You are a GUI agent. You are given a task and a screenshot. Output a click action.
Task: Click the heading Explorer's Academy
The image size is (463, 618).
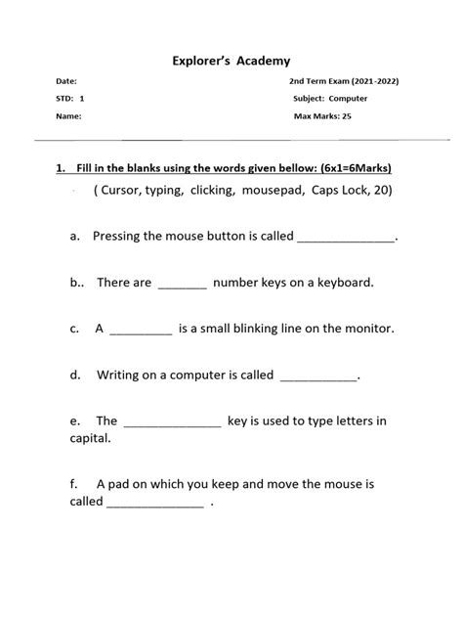(x=231, y=61)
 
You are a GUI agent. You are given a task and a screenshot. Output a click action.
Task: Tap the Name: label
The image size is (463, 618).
(x=68, y=115)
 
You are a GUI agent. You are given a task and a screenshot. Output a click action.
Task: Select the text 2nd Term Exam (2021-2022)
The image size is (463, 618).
(x=344, y=81)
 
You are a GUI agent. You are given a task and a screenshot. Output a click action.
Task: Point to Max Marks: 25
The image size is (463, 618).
(x=323, y=115)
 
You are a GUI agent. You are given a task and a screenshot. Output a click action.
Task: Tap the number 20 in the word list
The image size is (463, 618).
(x=382, y=191)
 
